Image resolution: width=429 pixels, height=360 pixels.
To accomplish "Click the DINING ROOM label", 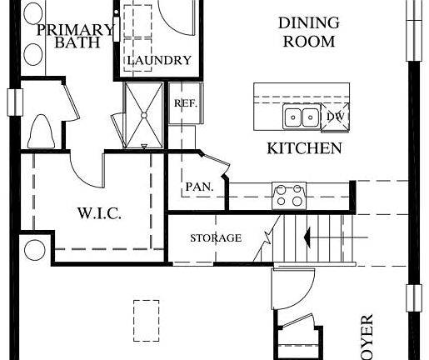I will [x=307, y=32].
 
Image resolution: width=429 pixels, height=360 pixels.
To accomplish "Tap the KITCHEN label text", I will [x=303, y=149].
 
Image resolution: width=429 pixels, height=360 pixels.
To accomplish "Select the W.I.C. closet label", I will [x=100, y=213].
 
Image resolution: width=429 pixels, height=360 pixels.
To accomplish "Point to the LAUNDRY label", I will [x=158, y=61].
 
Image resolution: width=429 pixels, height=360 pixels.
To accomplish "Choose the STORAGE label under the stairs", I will [x=215, y=238].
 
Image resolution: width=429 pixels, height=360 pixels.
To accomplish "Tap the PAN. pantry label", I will [x=201, y=187].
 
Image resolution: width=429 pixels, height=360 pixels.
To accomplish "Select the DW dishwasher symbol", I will [x=336, y=117].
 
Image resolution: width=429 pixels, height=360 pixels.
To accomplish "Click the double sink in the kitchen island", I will [x=302, y=116].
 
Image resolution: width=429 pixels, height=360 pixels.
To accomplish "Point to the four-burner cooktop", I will [x=288, y=195].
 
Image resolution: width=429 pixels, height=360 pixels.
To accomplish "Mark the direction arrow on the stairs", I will [x=321, y=238].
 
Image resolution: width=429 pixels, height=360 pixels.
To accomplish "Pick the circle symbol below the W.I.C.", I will [x=35, y=250].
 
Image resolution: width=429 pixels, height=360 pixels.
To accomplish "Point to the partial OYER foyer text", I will [x=367, y=337].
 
